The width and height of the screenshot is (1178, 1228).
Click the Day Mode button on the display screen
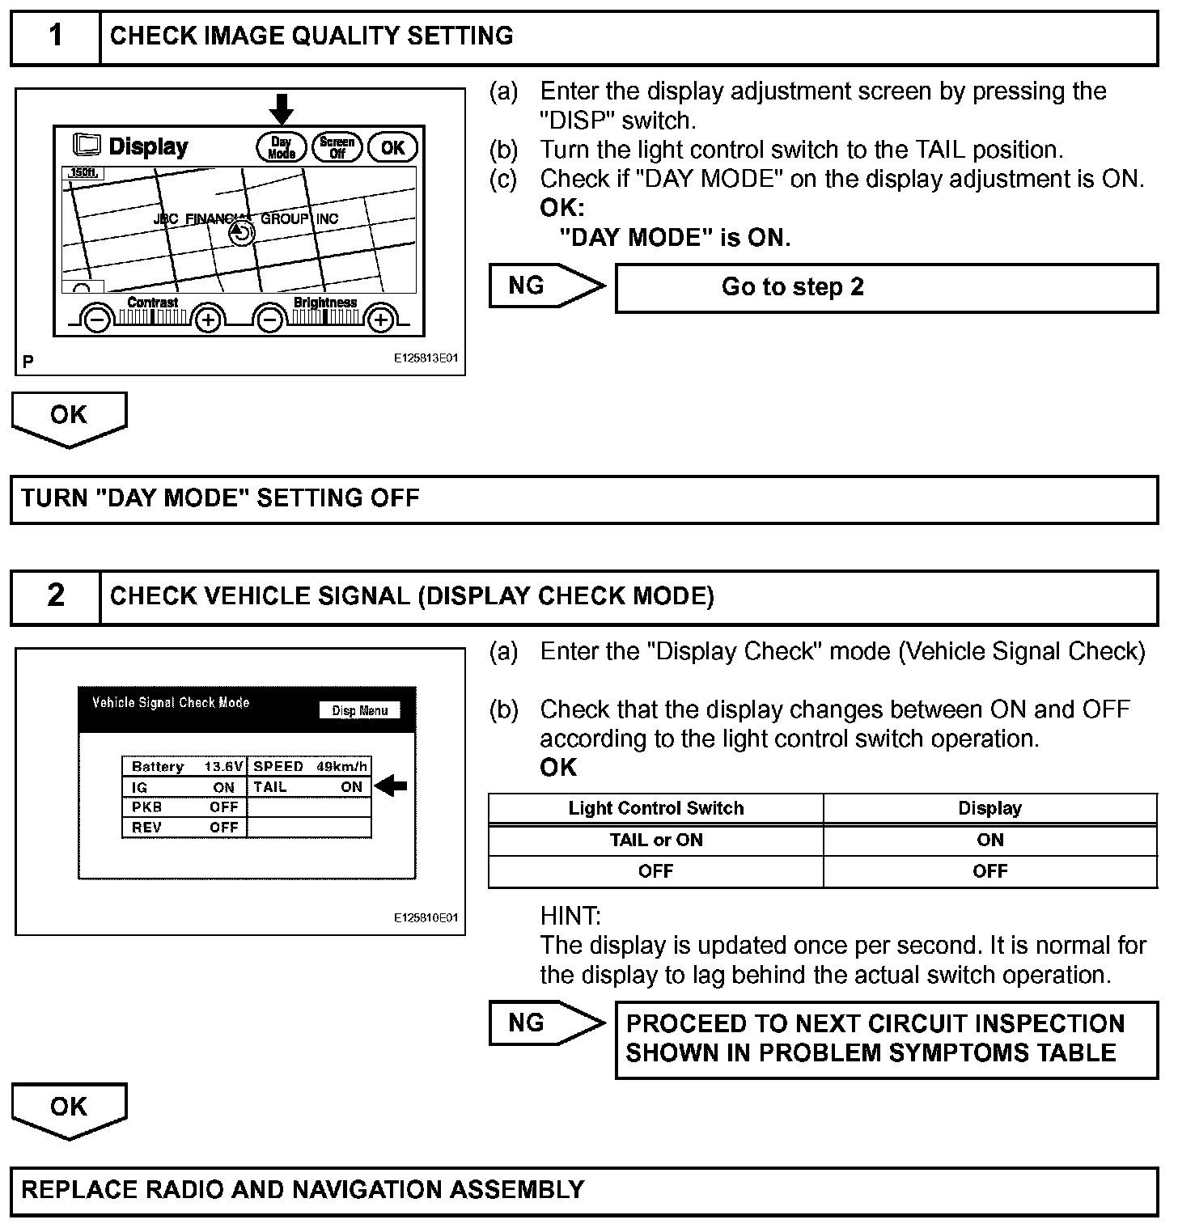(281, 147)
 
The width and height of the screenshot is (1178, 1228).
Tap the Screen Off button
(337, 147)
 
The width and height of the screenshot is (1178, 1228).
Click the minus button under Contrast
(96, 320)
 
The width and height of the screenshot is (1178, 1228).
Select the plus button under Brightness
(380, 320)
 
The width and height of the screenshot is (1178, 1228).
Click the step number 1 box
(55, 36)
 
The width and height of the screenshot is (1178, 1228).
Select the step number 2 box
(55, 596)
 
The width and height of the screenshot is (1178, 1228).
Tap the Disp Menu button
(360, 710)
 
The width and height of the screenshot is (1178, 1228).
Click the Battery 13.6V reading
(184, 766)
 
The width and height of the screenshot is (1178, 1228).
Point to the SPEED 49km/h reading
(310, 766)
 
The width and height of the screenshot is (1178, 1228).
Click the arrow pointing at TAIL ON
(392, 785)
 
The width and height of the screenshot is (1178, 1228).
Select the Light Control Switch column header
(655, 808)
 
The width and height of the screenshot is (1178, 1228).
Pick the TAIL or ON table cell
(655, 840)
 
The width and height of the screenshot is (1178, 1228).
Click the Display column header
(989, 808)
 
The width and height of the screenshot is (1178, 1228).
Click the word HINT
(570, 916)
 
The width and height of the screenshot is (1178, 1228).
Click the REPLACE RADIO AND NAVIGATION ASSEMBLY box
(584, 1190)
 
